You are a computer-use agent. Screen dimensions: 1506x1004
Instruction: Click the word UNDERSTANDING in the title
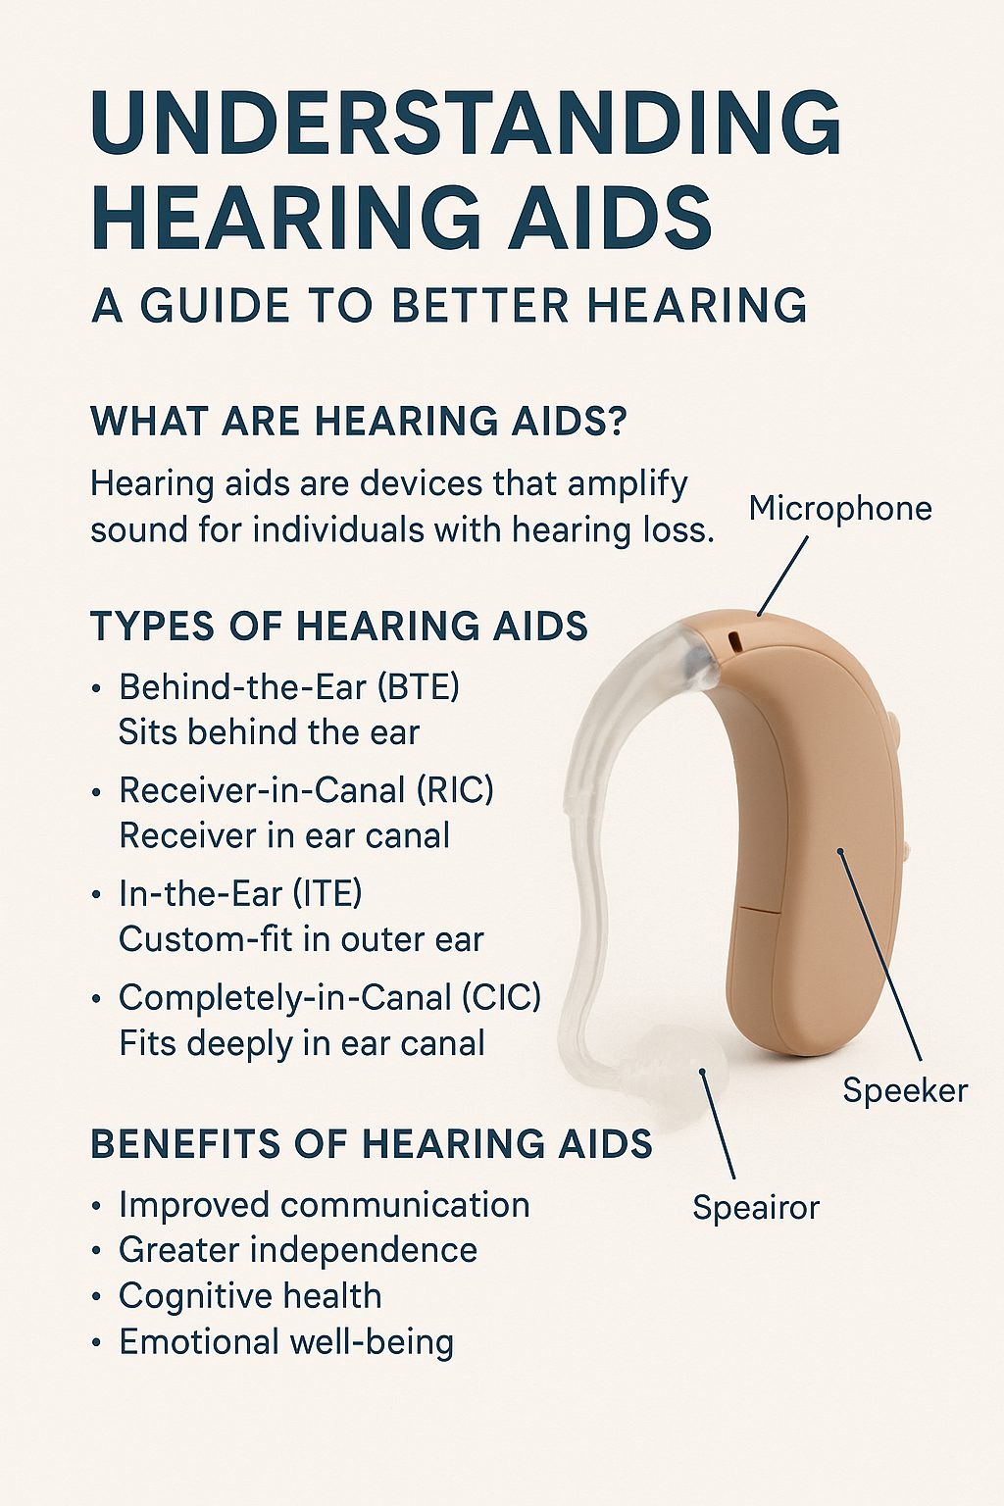(x=466, y=122)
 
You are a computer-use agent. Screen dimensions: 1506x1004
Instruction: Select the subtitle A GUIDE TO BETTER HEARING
(x=449, y=306)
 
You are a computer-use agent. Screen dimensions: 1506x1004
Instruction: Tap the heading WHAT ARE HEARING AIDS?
(x=359, y=422)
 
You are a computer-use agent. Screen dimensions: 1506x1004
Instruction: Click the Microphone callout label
(x=839, y=508)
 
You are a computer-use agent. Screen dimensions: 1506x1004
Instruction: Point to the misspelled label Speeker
(x=904, y=1090)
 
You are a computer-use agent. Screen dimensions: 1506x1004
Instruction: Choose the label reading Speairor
(x=755, y=1207)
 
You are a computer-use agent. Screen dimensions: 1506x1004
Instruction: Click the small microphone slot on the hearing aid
(x=733, y=641)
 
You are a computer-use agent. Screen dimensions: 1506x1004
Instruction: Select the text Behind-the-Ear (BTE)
(x=289, y=686)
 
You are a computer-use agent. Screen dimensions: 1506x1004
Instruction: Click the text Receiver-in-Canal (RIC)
(x=306, y=790)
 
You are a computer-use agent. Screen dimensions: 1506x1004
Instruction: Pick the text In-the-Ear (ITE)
(x=240, y=893)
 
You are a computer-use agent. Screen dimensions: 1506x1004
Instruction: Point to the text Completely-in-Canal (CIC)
(x=329, y=997)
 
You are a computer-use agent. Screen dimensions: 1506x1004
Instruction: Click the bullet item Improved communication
(x=324, y=1204)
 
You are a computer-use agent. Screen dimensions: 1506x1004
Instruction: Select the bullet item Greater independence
(x=298, y=1250)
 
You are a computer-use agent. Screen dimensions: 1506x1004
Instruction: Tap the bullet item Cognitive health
(x=250, y=1296)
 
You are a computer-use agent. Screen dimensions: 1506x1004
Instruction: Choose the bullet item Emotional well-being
(x=286, y=1341)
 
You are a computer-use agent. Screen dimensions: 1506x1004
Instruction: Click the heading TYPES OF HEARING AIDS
(x=339, y=627)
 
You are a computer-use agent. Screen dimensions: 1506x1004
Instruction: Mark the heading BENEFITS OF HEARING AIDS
(x=372, y=1144)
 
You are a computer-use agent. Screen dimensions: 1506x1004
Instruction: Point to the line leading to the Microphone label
(x=782, y=577)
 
